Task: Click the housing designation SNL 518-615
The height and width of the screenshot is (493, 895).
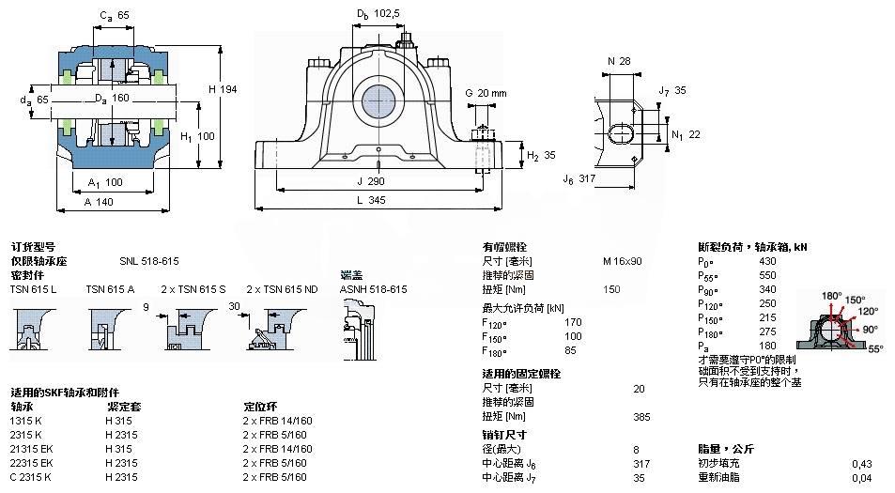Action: (148, 261)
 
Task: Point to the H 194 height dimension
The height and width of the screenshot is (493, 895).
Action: (224, 89)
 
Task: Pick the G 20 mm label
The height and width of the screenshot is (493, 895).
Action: (486, 93)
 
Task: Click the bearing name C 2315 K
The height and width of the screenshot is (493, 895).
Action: (31, 477)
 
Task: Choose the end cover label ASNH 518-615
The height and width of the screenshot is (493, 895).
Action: (373, 289)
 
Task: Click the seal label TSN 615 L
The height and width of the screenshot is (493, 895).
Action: (33, 289)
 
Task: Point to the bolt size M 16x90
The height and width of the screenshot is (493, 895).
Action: (622, 261)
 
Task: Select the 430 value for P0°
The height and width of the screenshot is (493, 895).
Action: (767, 261)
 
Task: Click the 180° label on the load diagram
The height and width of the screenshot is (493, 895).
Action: (831, 296)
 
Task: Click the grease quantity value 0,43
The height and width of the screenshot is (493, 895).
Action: (860, 463)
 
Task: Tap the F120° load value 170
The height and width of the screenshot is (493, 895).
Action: (573, 322)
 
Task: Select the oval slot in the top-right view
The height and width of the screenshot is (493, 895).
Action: (621, 131)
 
